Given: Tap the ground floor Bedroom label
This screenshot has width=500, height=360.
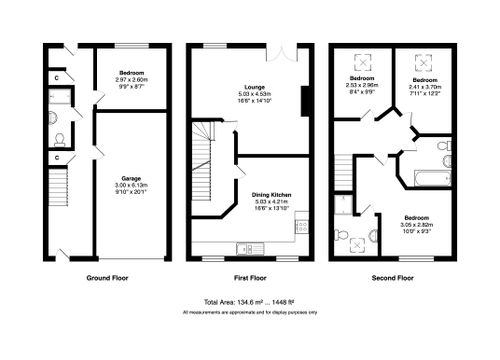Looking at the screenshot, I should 132,73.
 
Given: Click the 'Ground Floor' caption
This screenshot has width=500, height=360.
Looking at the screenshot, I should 106,276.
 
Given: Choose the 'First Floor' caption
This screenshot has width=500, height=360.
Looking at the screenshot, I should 250,276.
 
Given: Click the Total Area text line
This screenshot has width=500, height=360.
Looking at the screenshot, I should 250,301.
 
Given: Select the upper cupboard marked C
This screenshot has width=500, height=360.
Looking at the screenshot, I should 59,76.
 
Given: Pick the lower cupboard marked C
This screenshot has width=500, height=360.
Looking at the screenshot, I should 59,156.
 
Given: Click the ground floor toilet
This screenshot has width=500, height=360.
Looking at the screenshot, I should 59,139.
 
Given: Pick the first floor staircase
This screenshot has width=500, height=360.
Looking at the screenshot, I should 204,160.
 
